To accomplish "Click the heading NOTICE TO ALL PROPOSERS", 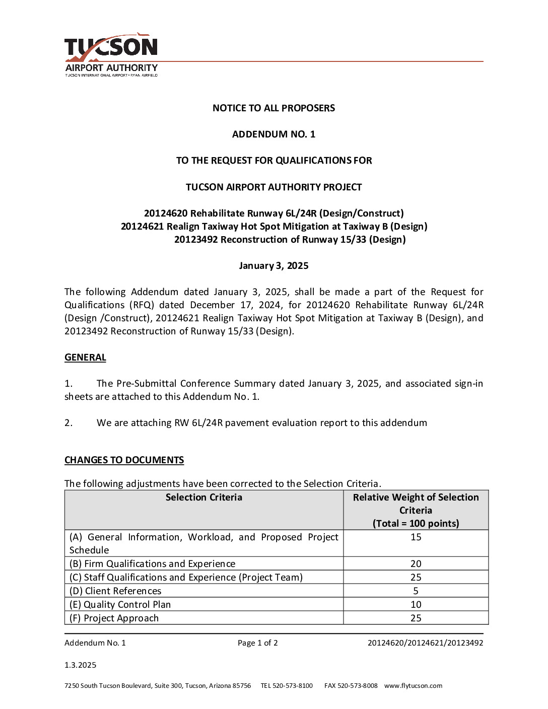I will [x=273, y=108].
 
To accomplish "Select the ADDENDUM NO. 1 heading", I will [x=273, y=134].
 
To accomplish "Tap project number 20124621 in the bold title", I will [x=142, y=227].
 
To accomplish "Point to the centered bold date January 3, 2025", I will [x=273, y=266].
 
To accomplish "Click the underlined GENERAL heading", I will [x=85, y=358].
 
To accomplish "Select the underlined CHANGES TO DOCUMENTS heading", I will [x=124, y=460].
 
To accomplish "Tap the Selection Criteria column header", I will [x=204, y=498].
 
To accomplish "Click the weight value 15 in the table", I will [x=416, y=537].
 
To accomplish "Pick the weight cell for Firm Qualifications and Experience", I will [x=416, y=564].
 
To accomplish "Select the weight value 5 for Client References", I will [x=416, y=591].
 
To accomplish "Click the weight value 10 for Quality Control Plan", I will [x=416, y=605].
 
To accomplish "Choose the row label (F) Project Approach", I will [x=114, y=618].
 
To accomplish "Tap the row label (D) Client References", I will [x=115, y=591].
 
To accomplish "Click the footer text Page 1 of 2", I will [x=257, y=643].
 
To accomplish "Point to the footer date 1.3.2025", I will [x=80, y=665].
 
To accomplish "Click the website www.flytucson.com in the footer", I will [x=413, y=686].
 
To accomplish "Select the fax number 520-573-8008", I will [x=357, y=686].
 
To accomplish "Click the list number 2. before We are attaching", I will [x=68, y=423].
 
